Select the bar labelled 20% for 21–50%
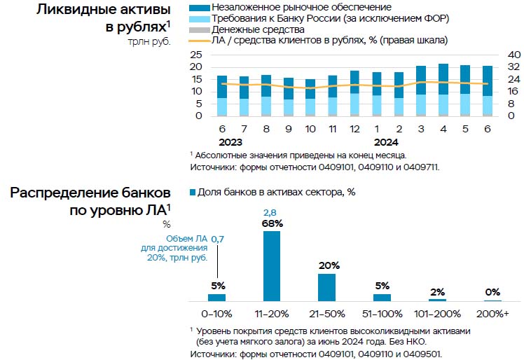[x=326, y=286]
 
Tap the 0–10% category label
[x=216, y=313]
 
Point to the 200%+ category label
[x=492, y=313]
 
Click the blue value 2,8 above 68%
[x=271, y=212]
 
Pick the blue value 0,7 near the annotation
[x=218, y=240]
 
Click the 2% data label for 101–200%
[x=437, y=292]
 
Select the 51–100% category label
[x=382, y=313]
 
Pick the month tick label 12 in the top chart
[x=354, y=129]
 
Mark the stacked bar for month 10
[x=310, y=98]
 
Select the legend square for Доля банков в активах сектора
[x=192, y=192]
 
